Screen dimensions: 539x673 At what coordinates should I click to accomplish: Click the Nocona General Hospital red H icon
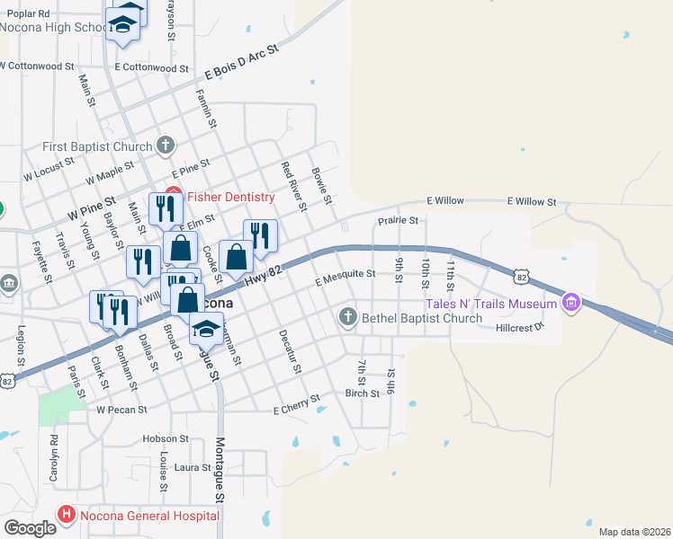66,516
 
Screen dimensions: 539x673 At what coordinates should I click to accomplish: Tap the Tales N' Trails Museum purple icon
570,305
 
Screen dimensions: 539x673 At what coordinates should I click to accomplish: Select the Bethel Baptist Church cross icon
348,317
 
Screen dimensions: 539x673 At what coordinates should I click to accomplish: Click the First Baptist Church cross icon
165,146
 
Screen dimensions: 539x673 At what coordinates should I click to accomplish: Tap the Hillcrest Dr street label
521,328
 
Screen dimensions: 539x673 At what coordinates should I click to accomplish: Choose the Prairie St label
398,220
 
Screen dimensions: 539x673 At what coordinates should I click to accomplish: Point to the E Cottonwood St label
151,67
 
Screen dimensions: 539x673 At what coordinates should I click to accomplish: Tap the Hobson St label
165,439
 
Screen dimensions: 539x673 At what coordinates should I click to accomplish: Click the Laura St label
193,467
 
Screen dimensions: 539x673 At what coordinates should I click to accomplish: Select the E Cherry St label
296,405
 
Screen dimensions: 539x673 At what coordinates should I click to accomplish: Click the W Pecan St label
121,410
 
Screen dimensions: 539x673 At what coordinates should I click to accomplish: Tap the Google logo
31,528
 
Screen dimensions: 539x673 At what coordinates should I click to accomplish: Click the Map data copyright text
634,533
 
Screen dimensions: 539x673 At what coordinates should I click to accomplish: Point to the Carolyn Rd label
55,457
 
